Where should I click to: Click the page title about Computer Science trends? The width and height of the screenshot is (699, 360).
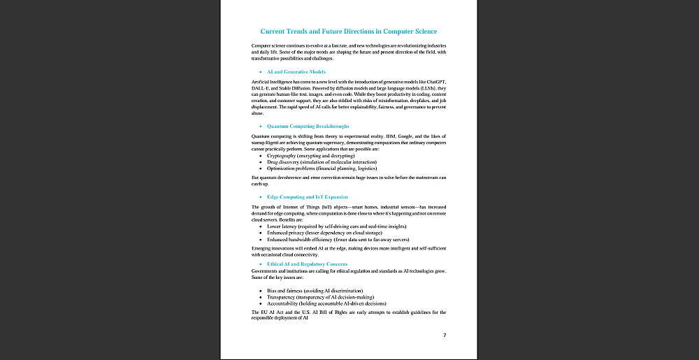(349, 31)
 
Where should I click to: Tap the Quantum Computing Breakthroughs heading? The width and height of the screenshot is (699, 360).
(308, 126)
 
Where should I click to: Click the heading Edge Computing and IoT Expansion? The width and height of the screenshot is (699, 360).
(308, 197)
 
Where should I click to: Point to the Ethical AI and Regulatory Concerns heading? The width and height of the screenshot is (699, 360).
(308, 264)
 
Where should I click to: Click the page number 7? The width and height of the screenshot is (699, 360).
(445, 336)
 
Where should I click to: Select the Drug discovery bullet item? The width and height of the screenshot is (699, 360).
(322, 162)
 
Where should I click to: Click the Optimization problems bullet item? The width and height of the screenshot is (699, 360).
(322, 168)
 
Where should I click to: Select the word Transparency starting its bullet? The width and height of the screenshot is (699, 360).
(282, 297)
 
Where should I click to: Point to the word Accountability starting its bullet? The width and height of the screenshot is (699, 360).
(284, 304)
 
